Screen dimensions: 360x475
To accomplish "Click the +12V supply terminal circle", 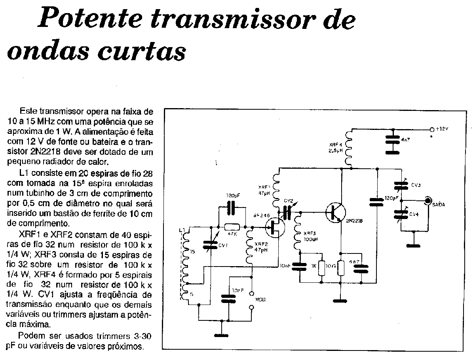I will pyautogui.click(x=431, y=129).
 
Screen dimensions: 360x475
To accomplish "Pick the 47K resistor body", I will pyautogui.click(x=232, y=227).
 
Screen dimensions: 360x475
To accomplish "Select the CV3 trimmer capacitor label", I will pyautogui.click(x=415, y=185).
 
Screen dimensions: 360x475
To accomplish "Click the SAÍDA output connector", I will pyautogui.click(x=428, y=201).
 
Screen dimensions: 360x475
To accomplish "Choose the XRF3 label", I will pyautogui.click(x=311, y=233).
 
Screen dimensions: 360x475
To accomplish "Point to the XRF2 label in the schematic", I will pyautogui.click(x=260, y=244).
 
